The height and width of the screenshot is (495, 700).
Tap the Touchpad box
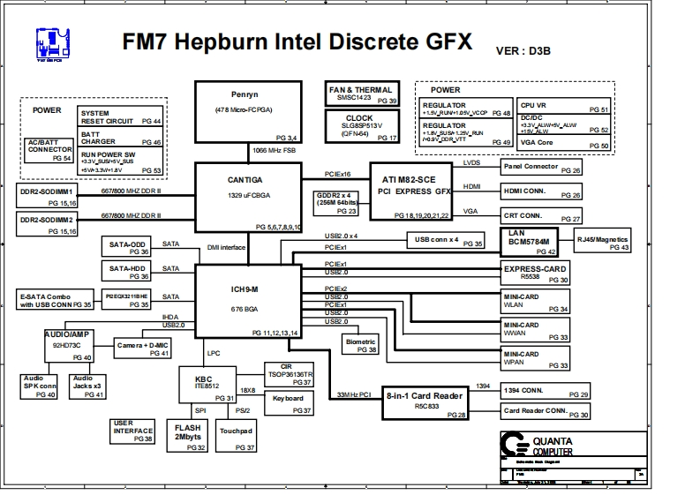coord(237,437)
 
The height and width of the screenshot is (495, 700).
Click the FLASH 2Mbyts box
coord(189,437)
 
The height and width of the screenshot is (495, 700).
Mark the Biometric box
coord(361,345)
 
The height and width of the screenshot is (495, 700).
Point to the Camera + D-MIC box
coord(143,348)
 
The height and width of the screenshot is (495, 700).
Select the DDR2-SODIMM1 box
coord(48,195)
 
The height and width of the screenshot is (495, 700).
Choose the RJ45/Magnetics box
coord(602,243)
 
